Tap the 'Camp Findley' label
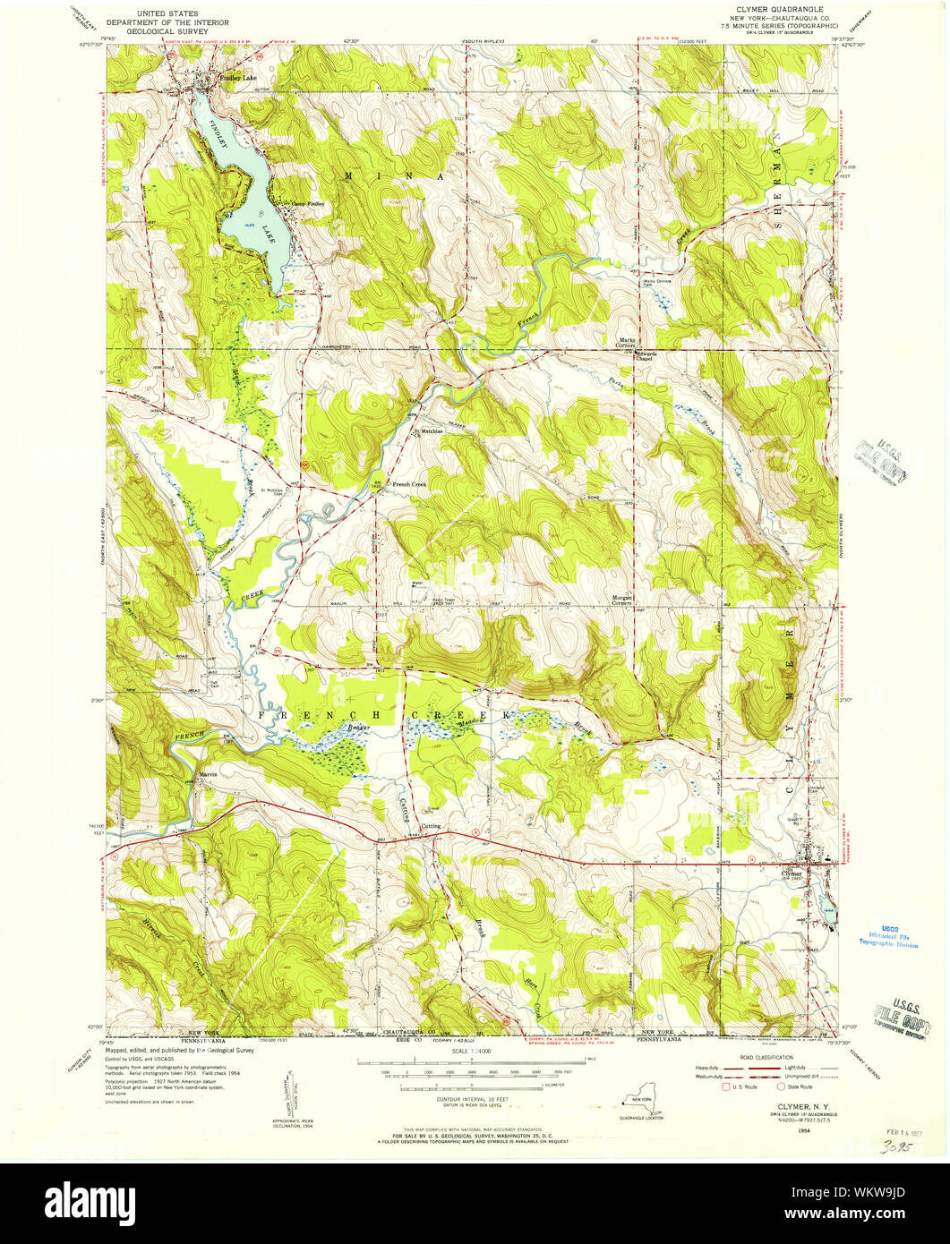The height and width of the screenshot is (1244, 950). pyautogui.click(x=304, y=204)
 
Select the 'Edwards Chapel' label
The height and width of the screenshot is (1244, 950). pyautogui.click(x=646, y=356)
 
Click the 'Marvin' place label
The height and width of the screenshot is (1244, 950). pyautogui.click(x=209, y=773)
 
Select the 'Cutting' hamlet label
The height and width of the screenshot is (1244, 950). pyautogui.click(x=432, y=826)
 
